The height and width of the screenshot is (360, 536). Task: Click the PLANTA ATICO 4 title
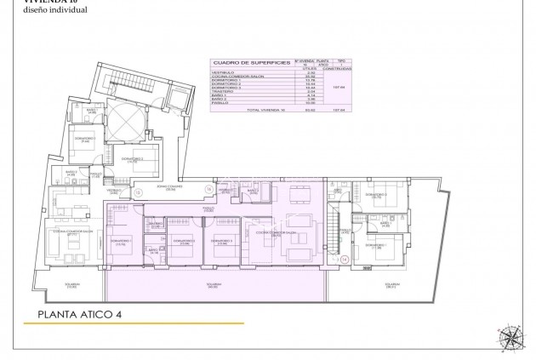79,313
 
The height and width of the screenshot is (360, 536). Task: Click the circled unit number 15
138,193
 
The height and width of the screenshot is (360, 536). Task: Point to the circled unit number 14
345,260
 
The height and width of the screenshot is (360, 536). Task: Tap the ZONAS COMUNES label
167,188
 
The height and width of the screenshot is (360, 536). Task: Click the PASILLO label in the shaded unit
207,207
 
